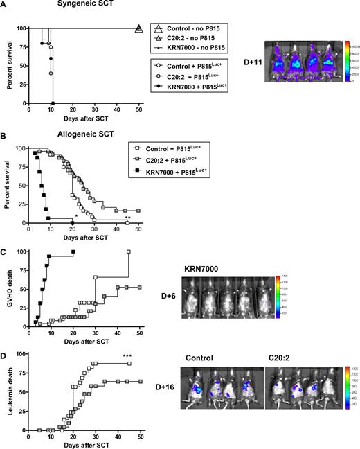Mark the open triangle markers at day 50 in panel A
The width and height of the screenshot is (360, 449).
click(x=138, y=28)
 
